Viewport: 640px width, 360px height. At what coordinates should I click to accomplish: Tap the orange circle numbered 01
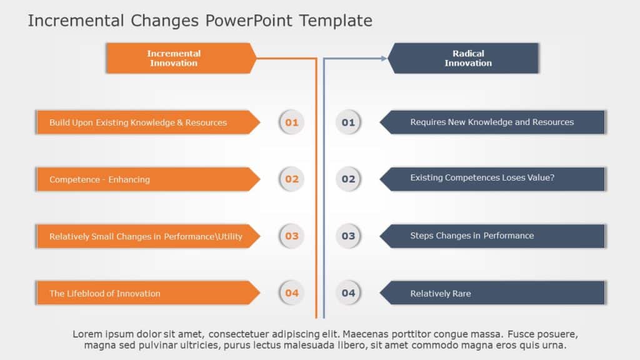pos(292,122)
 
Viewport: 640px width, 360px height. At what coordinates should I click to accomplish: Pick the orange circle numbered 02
pos(292,179)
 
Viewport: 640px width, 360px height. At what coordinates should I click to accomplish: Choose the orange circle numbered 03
pos(292,236)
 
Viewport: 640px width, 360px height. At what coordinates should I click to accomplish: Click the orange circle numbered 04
pos(292,293)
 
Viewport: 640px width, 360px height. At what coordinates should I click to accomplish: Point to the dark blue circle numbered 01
pos(348,122)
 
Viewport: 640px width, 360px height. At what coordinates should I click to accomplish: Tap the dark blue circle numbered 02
pos(348,179)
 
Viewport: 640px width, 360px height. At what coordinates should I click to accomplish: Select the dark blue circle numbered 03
pos(348,236)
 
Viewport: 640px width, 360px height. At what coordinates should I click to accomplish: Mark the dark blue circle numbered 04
pos(348,293)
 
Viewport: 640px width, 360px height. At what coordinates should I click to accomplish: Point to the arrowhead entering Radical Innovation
pos(383,58)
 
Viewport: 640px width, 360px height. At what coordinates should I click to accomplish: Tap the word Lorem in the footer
pos(86,334)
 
